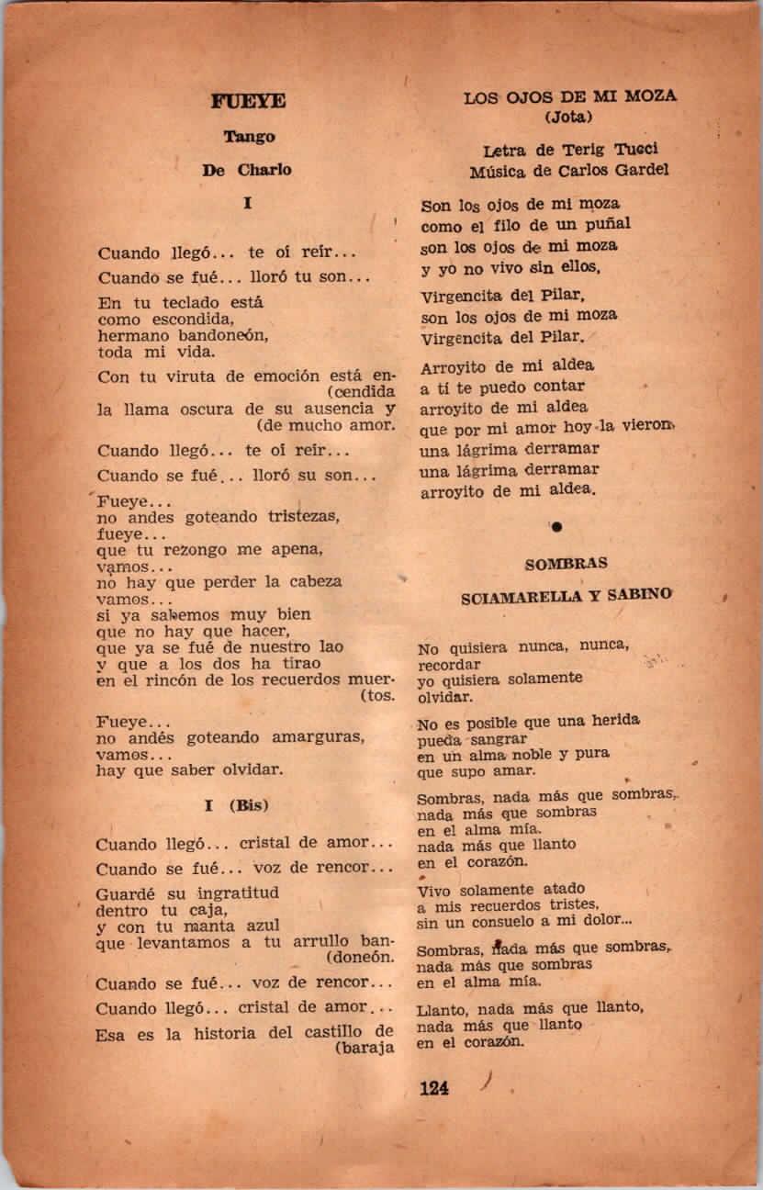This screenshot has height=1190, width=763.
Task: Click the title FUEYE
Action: tap(248, 102)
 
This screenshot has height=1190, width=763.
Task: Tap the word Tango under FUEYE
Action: tap(249, 137)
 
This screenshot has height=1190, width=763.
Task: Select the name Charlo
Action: tap(264, 170)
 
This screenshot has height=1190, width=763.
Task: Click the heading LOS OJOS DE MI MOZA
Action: tap(569, 96)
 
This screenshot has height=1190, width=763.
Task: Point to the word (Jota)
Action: tap(569, 117)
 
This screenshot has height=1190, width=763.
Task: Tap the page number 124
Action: tap(433, 1089)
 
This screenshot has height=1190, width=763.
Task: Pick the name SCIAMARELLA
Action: tap(517, 596)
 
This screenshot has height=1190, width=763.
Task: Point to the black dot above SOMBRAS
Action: tap(556, 526)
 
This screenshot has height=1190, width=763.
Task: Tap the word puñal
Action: tap(605, 224)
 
